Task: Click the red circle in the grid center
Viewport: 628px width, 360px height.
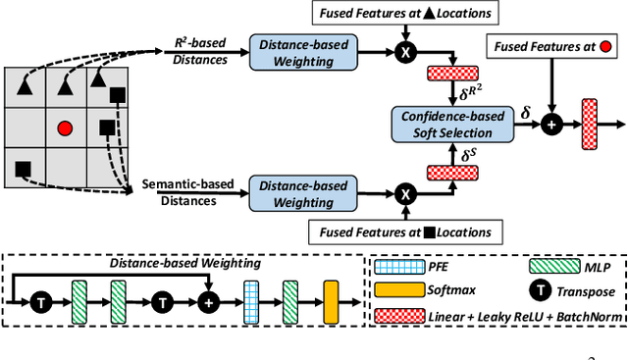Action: [x=65, y=128]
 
